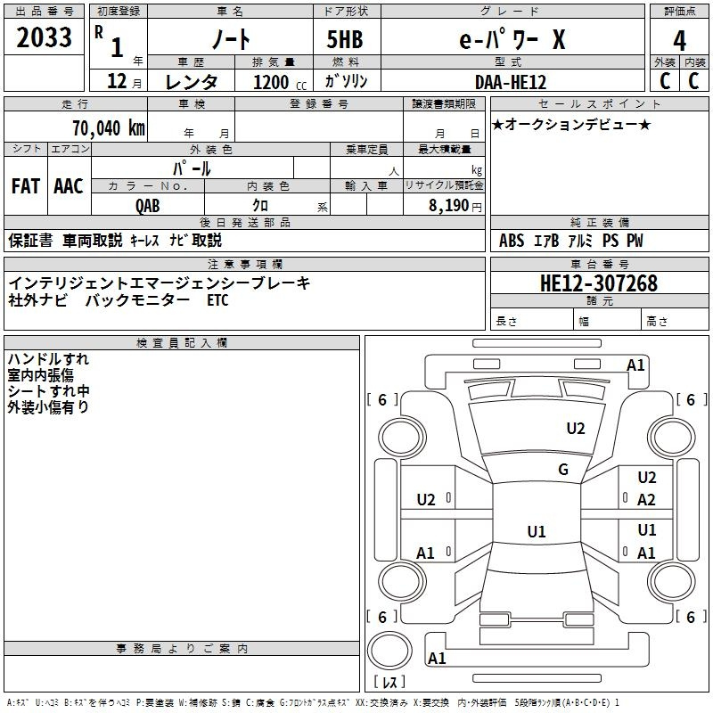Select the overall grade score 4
click(680, 40)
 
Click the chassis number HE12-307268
click(599, 283)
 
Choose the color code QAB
click(148, 205)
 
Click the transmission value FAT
click(25, 185)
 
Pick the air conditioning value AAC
click(68, 185)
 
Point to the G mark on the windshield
click(563, 470)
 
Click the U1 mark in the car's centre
click(537, 531)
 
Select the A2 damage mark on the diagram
click(646, 500)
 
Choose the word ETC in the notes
click(217, 300)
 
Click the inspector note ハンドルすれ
click(49, 359)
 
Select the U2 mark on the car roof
click(576, 429)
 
